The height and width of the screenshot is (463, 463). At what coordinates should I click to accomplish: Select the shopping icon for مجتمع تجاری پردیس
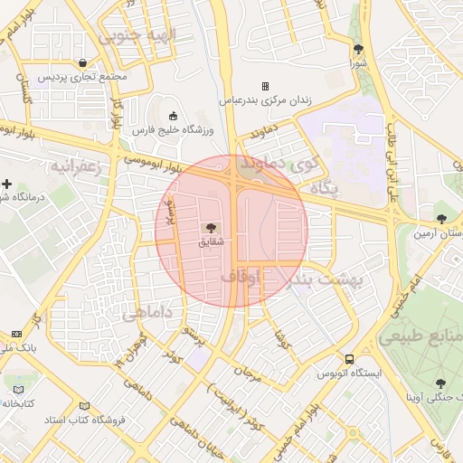pos(83,63)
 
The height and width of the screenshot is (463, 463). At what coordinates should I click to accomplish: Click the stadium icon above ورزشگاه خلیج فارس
pos(173,116)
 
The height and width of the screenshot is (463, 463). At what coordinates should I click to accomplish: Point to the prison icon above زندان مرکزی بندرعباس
pos(265,86)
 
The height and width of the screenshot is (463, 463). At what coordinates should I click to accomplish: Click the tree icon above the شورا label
pos(359,50)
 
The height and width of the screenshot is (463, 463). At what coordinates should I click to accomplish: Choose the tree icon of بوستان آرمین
pos(441,218)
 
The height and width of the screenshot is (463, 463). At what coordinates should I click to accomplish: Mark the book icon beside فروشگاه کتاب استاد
pos(84,407)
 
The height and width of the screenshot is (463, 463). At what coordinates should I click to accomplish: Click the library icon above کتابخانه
pos(18,390)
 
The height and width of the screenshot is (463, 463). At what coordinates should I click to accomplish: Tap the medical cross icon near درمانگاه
pos(6,184)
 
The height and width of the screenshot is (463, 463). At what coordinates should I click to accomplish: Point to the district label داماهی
pos(146,313)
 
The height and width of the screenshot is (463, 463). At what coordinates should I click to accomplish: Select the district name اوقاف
pos(240,275)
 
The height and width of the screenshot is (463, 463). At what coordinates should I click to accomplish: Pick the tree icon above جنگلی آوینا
pos(440,384)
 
